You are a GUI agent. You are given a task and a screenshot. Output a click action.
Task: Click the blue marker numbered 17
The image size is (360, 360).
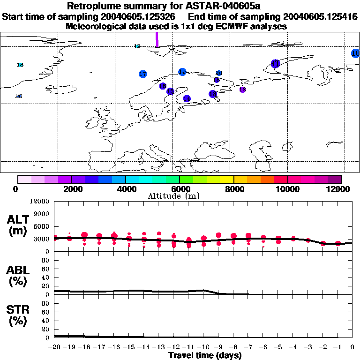point(143,74)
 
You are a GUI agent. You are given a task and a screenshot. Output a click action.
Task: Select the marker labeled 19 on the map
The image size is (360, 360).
point(182,72)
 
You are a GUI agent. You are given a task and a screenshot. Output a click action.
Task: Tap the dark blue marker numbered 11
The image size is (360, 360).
point(275,63)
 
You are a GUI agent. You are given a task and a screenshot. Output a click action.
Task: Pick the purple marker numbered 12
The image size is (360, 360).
point(242,90)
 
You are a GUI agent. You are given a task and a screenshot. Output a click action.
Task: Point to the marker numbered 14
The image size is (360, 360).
point(187,98)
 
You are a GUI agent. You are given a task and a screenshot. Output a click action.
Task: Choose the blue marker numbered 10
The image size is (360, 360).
point(355,53)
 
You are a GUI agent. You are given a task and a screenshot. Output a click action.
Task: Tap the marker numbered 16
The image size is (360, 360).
point(170,91)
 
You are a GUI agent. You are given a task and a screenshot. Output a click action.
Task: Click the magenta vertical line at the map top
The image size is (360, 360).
point(157,39)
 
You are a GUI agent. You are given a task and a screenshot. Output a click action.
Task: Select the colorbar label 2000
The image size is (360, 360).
point(71,189)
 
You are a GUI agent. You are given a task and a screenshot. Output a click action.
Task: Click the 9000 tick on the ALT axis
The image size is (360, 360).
point(43,214)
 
